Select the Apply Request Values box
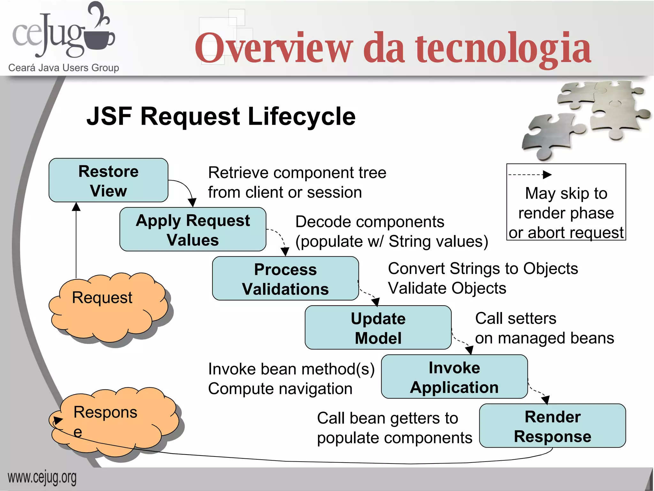pyautogui.click(x=193, y=230)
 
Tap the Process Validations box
pyautogui.click(x=285, y=279)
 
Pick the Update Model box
pyautogui.click(x=378, y=328)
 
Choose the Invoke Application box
pyautogui.click(x=454, y=377)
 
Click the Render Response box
pyautogui.click(x=552, y=426)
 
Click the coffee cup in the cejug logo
pyautogui.click(x=99, y=40)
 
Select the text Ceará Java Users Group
pyautogui.click(x=64, y=68)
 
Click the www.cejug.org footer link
pyautogui.click(x=42, y=478)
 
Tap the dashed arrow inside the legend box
pyautogui.click(x=530, y=175)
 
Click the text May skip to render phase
pyautogui.click(x=566, y=203)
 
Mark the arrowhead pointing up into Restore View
pyautogui.click(x=76, y=207)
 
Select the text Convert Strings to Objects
pyautogui.click(x=483, y=269)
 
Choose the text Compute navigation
pyautogui.click(x=280, y=389)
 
